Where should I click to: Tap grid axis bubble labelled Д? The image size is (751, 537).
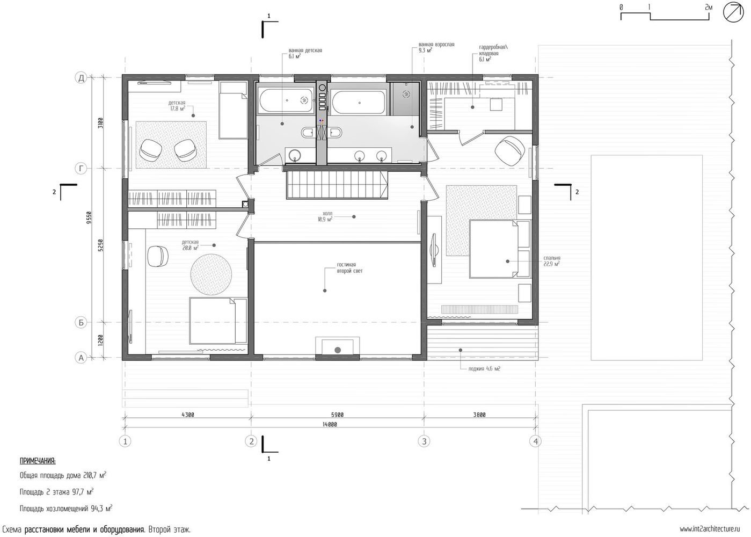[x=81, y=78]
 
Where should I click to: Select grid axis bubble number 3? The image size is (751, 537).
[x=424, y=441]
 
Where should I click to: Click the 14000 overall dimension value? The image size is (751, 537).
[x=330, y=424]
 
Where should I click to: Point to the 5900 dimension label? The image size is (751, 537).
[x=337, y=415]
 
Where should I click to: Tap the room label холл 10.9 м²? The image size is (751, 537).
[x=325, y=216]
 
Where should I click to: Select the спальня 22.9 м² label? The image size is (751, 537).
[x=551, y=261]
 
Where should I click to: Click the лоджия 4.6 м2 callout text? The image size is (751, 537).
[x=484, y=368]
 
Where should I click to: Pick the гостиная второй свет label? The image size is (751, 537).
[x=349, y=267]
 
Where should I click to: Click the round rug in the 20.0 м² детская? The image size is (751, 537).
[x=211, y=274]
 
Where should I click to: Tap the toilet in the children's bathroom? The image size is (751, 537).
[x=308, y=133]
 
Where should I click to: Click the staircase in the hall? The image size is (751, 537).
[x=337, y=185]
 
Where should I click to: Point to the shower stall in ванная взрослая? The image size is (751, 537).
[x=405, y=99]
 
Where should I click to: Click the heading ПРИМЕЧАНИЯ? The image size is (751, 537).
[x=38, y=461]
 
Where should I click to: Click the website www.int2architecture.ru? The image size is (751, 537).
[x=710, y=529]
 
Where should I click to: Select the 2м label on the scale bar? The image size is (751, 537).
[x=709, y=7]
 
